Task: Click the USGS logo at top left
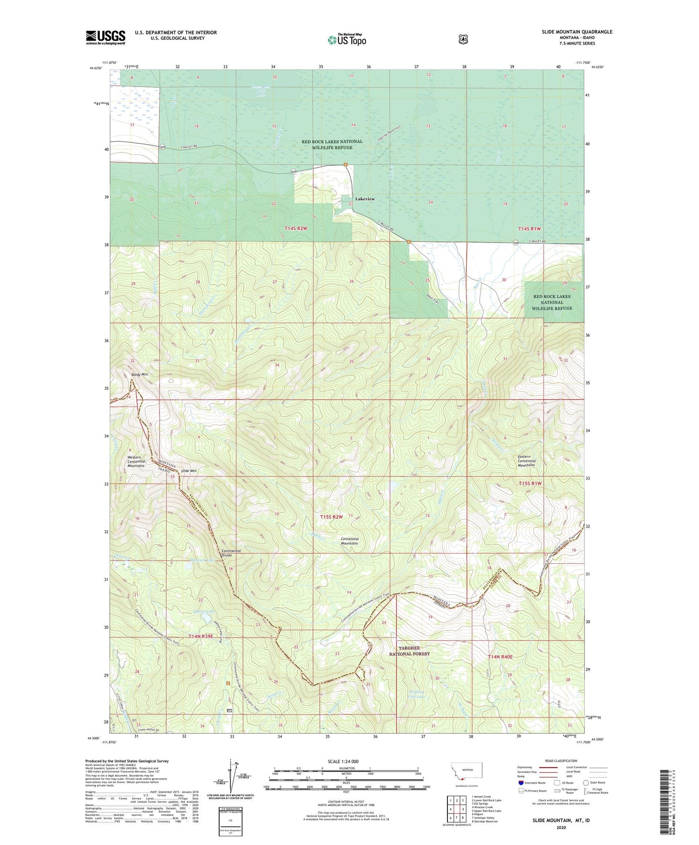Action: pyautogui.click(x=105, y=37)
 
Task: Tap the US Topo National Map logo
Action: pyautogui.click(x=346, y=40)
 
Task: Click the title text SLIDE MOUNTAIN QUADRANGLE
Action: pyautogui.click(x=577, y=32)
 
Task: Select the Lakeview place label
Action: pyautogui.click(x=365, y=199)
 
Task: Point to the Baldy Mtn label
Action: pyautogui.click(x=139, y=375)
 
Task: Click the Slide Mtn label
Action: pyautogui.click(x=189, y=470)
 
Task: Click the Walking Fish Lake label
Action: pyautogui.click(x=416, y=694)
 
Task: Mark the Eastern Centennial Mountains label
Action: pyautogui.click(x=526, y=461)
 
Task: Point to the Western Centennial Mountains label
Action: pyautogui.click(x=136, y=461)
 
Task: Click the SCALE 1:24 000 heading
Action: pyautogui.click(x=343, y=761)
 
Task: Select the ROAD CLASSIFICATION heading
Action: pyautogui.click(x=561, y=761)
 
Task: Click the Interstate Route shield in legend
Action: pyautogui.click(x=521, y=782)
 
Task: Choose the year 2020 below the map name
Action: pyautogui.click(x=561, y=827)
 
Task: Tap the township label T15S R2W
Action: pyautogui.click(x=331, y=517)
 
